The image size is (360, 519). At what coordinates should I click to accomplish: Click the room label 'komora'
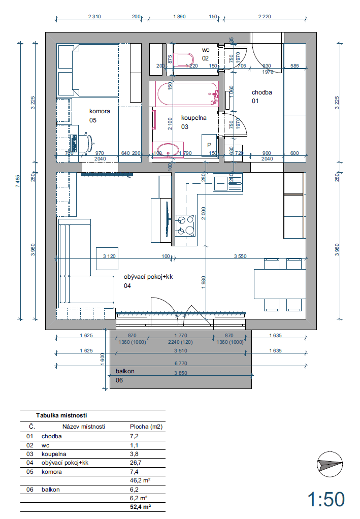tap(100, 111)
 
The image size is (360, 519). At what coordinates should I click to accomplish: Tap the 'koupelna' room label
tap(193, 117)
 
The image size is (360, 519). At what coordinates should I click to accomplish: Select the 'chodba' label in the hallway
tap(262, 92)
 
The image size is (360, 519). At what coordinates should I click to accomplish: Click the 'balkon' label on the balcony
tap(124, 371)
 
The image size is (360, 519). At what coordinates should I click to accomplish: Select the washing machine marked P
tap(209, 145)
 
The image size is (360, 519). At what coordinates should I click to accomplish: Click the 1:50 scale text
tap(325, 499)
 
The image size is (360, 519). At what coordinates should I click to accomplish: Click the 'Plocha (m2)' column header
tap(146, 427)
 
